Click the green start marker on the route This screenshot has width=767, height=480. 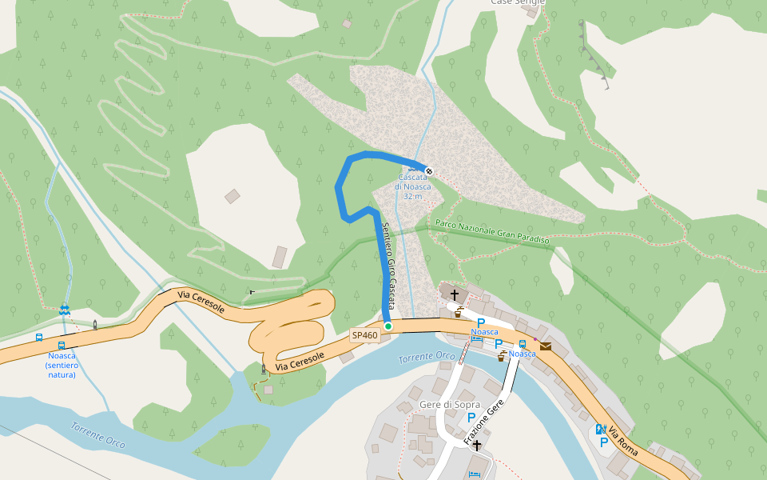[388, 326]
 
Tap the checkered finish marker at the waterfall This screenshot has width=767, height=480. [429, 170]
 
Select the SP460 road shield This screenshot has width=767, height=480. [364, 337]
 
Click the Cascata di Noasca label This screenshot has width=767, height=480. [412, 186]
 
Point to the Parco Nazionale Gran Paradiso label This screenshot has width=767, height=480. [491, 232]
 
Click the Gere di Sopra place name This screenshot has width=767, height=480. [450, 405]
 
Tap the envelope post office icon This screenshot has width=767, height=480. [546, 346]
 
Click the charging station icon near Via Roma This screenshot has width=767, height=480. [600, 428]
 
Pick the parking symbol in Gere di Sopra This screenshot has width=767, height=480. [471, 418]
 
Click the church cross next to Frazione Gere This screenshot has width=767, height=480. [477, 445]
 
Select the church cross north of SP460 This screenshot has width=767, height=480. [455, 295]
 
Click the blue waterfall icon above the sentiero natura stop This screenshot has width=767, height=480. [64, 309]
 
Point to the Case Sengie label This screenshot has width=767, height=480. [517, 3]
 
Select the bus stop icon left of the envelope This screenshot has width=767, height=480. [523, 343]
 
